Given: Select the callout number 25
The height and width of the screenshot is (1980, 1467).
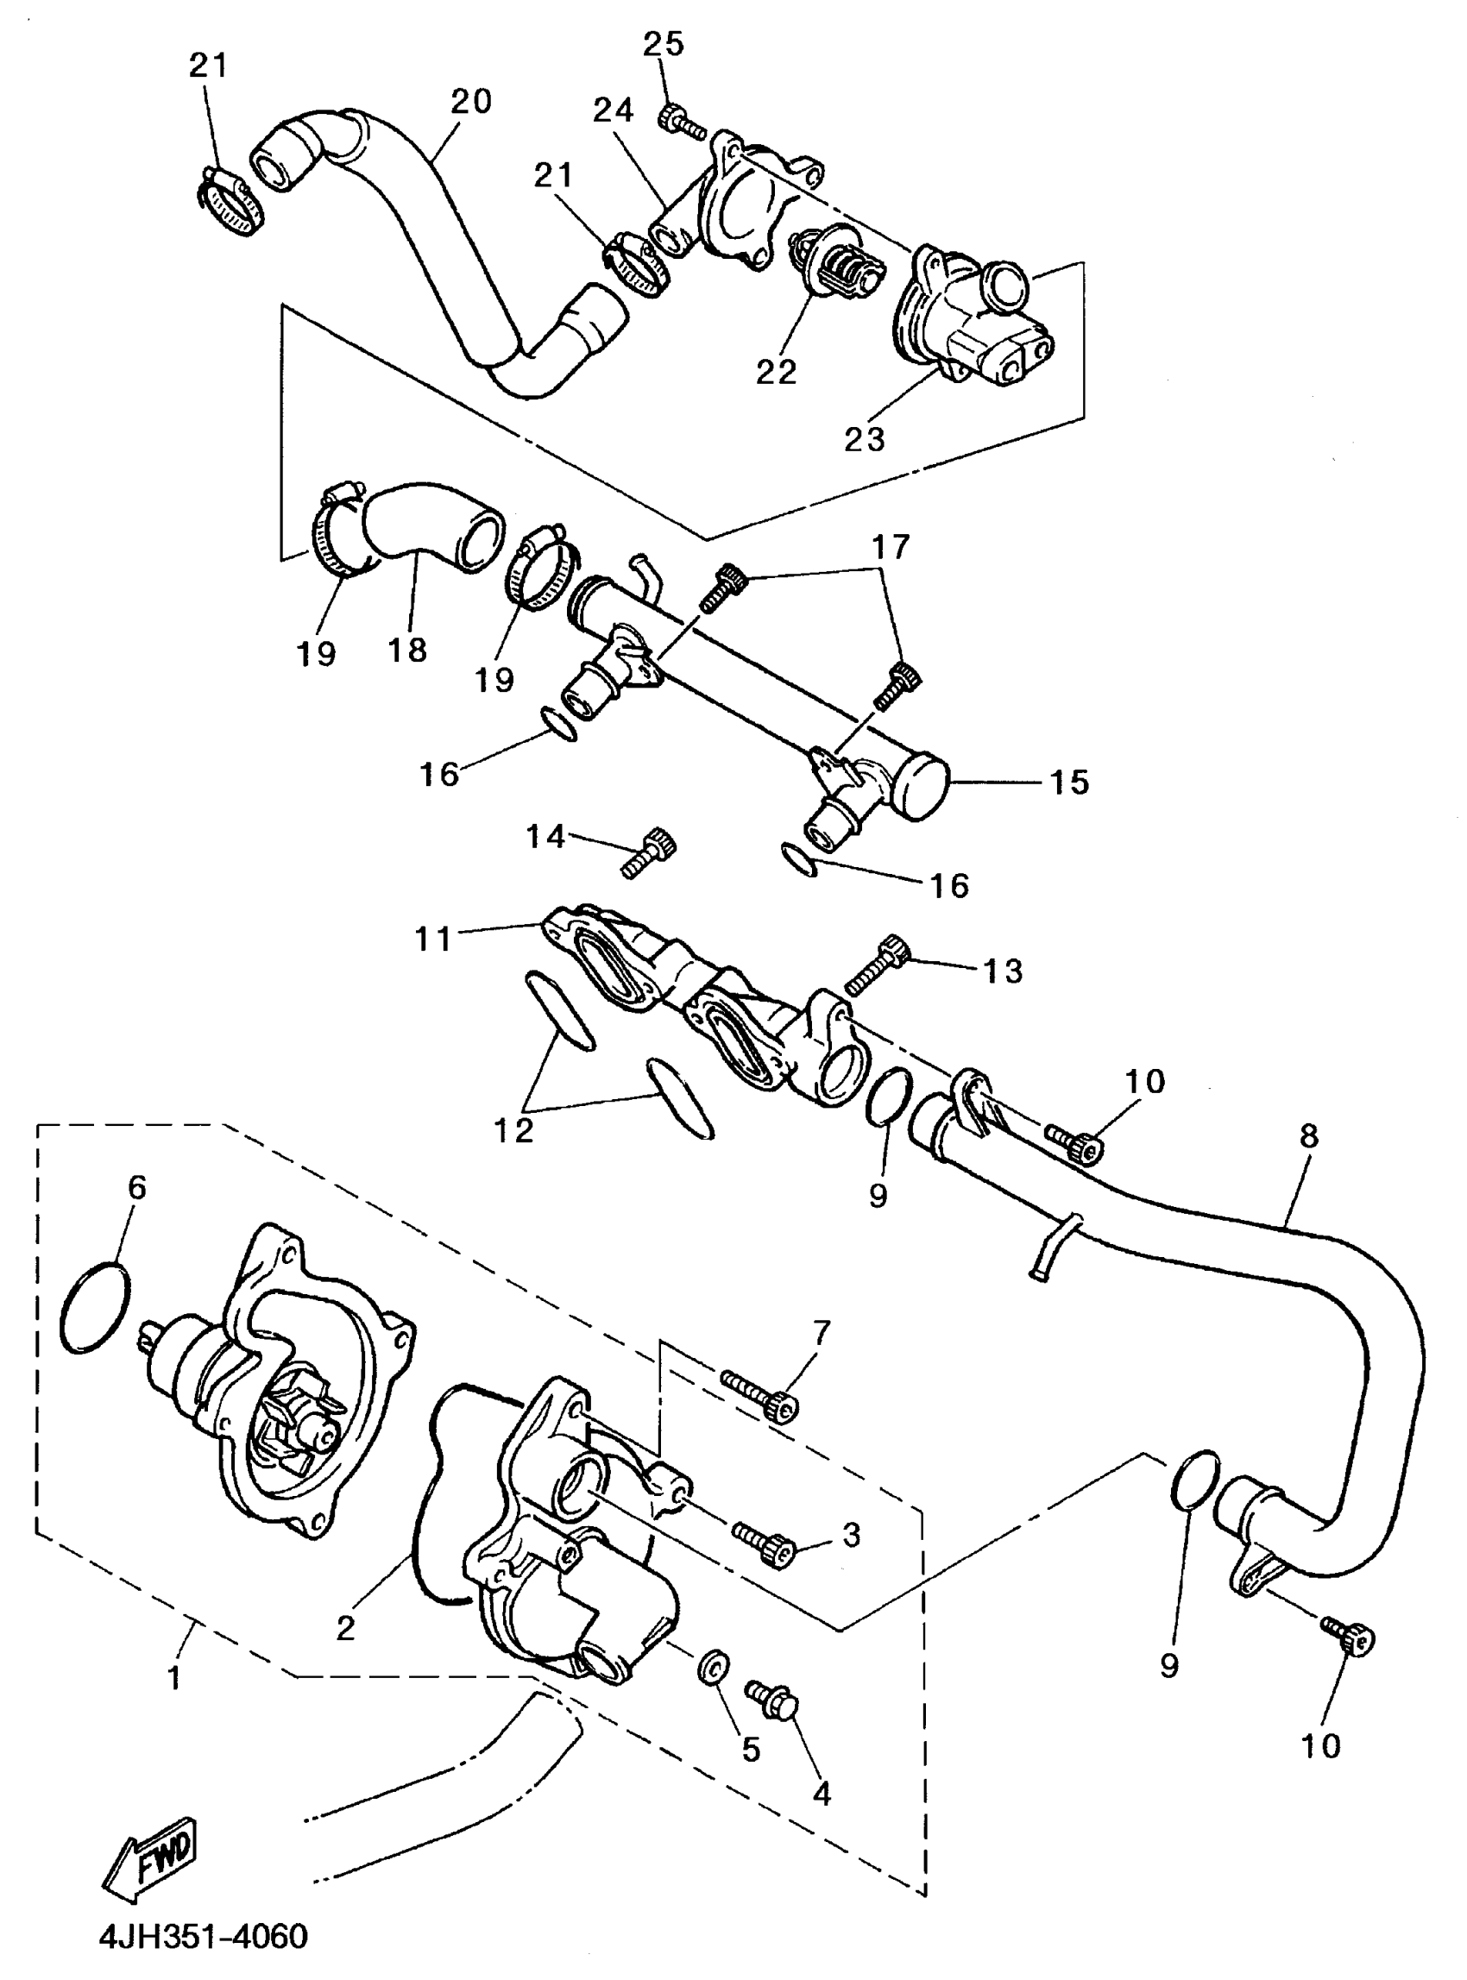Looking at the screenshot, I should pyautogui.click(x=664, y=43).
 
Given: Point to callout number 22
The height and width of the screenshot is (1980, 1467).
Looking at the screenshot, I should pyautogui.click(x=776, y=371).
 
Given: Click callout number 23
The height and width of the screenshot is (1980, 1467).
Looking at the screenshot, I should pyautogui.click(x=865, y=437).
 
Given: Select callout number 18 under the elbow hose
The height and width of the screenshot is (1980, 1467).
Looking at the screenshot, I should pyautogui.click(x=407, y=650).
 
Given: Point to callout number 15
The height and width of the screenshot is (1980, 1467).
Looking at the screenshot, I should pyautogui.click(x=1069, y=783).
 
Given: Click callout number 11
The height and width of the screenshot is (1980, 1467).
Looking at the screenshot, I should pyautogui.click(x=434, y=939).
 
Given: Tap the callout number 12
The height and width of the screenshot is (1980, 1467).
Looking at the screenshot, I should pyautogui.click(x=514, y=1129).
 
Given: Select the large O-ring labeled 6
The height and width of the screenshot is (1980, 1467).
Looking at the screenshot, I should pyautogui.click(x=96, y=1308).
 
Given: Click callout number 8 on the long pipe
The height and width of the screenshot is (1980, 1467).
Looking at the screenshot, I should pyautogui.click(x=1309, y=1135).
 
